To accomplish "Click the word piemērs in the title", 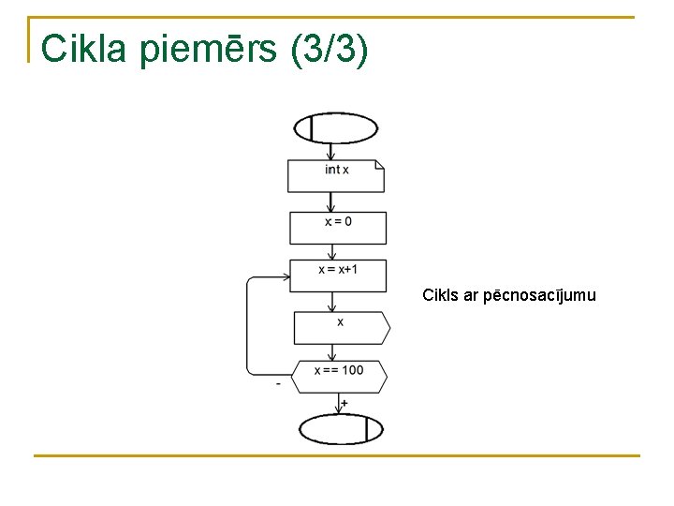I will coord(211,50).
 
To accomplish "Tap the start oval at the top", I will coord(336,128).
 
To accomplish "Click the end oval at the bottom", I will coord(341,429).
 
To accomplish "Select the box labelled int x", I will coord(336,175).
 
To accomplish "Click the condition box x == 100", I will coord(338,376).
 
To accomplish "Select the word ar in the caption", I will coord(471,296).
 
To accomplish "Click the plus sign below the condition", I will coord(344,403).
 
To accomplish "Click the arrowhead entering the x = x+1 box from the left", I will coord(286,276).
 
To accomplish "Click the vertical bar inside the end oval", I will coord(366,429).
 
